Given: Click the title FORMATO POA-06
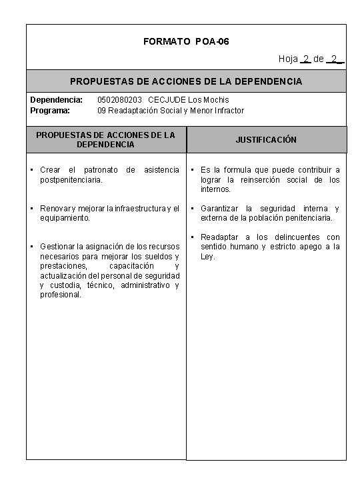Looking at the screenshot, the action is click(186, 41).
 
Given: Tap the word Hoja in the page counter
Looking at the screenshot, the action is click(288, 59).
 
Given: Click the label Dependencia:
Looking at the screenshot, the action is click(57, 100).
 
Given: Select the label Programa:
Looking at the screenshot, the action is click(51, 110).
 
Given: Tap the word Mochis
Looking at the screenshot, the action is click(215, 100).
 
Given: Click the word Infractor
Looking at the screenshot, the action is click(227, 110).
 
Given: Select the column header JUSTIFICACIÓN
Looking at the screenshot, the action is click(266, 140).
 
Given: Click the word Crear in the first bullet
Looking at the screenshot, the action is click(51, 170).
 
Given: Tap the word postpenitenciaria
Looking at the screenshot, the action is click(71, 179).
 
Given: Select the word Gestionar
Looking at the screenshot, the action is click(59, 247).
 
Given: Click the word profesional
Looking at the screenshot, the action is click(61, 294).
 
